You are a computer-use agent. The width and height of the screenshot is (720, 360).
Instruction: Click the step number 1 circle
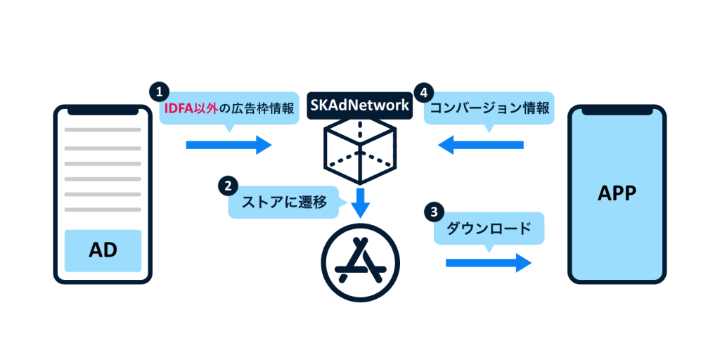tap(160, 91)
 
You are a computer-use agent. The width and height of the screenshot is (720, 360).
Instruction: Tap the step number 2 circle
tap(227, 186)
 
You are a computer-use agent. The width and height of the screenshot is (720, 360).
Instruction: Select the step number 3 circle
tap(435, 211)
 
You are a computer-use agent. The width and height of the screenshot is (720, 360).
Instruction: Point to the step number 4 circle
tap(423, 91)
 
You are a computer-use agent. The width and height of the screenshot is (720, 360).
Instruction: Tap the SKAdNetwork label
tap(359, 105)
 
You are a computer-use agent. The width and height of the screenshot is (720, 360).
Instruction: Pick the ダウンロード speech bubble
tap(489, 229)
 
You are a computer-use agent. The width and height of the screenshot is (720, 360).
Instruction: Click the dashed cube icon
tap(359, 148)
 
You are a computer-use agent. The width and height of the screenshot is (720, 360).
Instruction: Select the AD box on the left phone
tap(103, 250)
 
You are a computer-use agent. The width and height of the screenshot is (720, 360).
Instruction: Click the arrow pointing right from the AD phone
tap(229, 145)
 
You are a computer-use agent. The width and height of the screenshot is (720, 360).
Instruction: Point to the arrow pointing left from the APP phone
tap(481, 145)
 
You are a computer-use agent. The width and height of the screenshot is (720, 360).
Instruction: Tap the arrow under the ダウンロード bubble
tap(488, 263)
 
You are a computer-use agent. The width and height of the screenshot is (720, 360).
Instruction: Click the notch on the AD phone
tap(103, 110)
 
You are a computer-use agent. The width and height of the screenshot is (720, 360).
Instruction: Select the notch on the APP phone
tap(616, 110)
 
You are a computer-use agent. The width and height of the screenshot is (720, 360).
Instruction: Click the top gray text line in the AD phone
tap(103, 130)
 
